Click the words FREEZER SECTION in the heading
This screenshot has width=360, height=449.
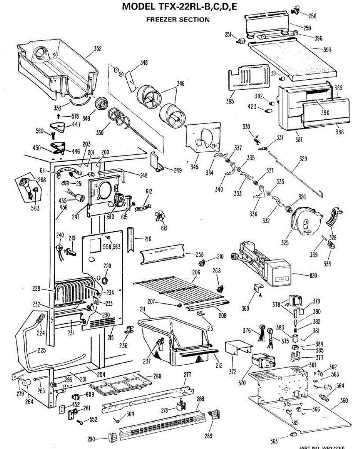178,19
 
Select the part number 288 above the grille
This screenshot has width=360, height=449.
200,399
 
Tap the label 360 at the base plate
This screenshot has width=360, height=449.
344,400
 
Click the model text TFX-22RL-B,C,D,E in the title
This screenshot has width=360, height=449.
199,7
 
